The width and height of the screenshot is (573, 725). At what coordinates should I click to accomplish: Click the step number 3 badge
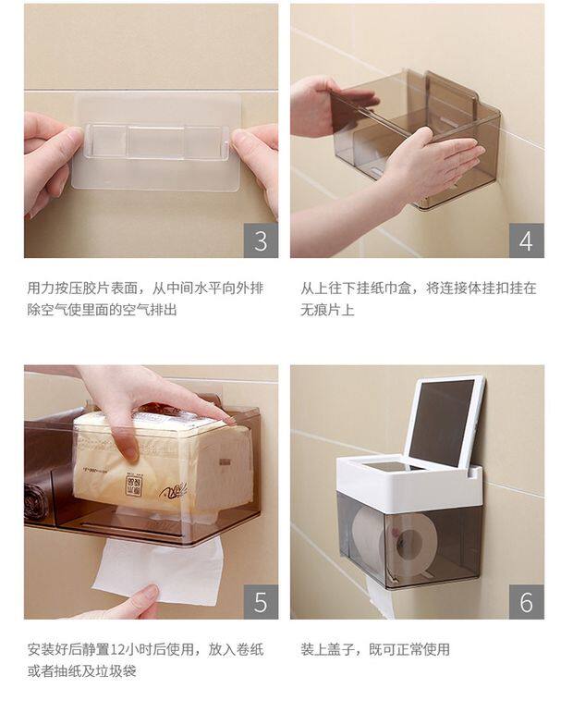(x=261, y=240)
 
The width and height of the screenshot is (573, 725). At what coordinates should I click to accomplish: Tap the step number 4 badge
(x=527, y=240)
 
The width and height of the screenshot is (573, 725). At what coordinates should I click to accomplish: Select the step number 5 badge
(x=261, y=602)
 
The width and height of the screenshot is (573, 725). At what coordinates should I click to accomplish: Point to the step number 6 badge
(x=527, y=602)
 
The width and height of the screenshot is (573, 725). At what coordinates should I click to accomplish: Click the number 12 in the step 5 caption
(x=116, y=649)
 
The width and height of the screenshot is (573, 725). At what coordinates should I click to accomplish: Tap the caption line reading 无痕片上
(x=327, y=309)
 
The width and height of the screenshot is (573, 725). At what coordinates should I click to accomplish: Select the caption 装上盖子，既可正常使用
(x=375, y=649)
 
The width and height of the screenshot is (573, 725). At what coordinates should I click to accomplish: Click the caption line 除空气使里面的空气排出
(x=102, y=309)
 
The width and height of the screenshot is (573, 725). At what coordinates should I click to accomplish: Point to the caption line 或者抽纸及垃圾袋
(x=81, y=671)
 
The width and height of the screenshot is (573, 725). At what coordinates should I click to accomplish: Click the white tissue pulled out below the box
(x=159, y=572)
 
